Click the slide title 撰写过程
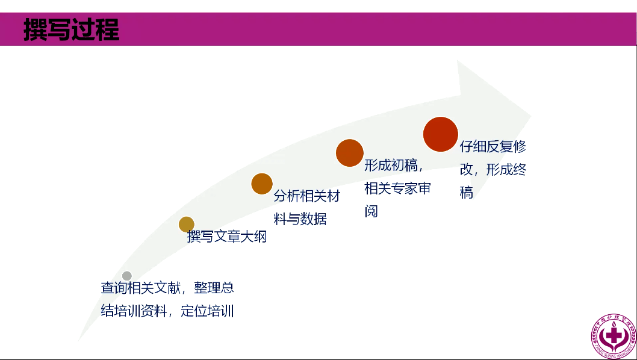point(71,29)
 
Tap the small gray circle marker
point(127,276)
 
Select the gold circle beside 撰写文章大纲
point(187,225)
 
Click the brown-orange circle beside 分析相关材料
point(262,184)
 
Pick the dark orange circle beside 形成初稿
point(350,153)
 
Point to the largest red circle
point(441,134)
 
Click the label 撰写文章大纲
point(227,237)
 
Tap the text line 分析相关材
point(307,196)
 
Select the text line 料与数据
point(300,219)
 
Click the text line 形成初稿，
point(395,166)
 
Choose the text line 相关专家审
point(398,188)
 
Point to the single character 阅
point(371,211)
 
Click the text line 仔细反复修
point(493,147)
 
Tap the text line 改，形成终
point(493,170)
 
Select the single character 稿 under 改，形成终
point(467,193)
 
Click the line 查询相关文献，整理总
point(167,288)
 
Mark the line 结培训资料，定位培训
point(167,311)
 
